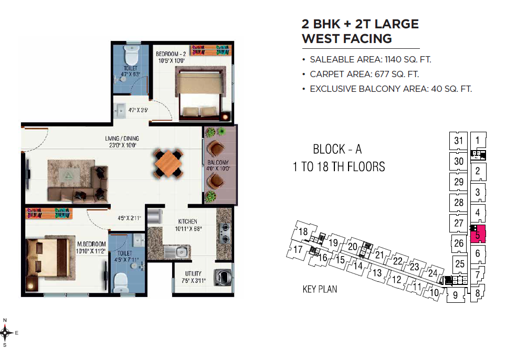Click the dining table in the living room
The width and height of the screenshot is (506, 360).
[x=168, y=163]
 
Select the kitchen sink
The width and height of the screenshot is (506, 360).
[x=177, y=251]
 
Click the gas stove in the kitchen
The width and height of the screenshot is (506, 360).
[x=225, y=234]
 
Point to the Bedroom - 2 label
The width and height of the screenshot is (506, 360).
[x=171, y=54]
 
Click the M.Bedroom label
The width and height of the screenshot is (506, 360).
[x=91, y=244]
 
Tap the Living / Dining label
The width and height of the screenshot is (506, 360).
[x=122, y=139]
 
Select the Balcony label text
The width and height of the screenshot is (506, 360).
[x=218, y=162]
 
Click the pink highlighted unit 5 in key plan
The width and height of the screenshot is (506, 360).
[x=478, y=234]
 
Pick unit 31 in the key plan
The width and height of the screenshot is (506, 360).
[x=458, y=141]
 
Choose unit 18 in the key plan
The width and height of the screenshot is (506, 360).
[x=303, y=231]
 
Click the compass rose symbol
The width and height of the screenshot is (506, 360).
[x=5, y=333]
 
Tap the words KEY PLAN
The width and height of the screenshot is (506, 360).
[x=320, y=289]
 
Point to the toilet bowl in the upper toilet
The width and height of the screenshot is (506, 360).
[x=132, y=55]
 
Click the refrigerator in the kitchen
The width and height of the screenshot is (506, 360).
[x=155, y=216]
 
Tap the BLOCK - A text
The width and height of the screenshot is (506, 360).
[x=337, y=149]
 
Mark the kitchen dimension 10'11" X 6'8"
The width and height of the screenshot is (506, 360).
[x=188, y=229]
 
